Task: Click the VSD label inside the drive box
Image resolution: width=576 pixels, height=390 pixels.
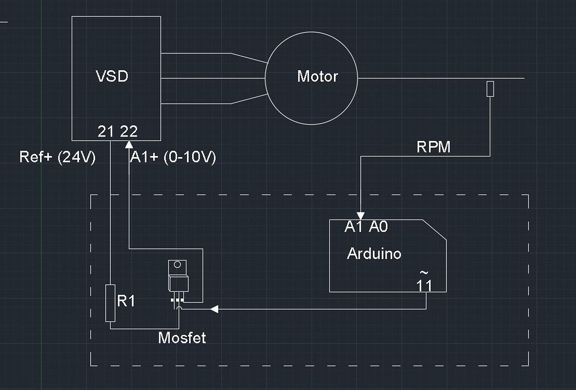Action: click(x=112, y=76)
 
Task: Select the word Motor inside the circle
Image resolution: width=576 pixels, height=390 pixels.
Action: click(x=317, y=76)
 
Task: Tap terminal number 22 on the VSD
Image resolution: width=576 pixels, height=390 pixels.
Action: click(x=129, y=131)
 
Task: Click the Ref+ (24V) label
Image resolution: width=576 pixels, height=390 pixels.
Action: click(x=57, y=157)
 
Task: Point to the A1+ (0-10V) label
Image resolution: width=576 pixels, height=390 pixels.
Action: click(x=173, y=158)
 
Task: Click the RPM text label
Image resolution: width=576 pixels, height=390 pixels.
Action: click(x=434, y=147)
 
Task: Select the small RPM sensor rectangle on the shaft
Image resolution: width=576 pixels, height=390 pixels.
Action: click(x=490, y=89)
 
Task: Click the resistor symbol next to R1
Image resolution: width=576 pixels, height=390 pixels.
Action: click(x=110, y=303)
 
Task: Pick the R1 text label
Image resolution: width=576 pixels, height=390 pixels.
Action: click(x=126, y=301)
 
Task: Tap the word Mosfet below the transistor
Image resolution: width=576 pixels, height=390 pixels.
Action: click(x=182, y=338)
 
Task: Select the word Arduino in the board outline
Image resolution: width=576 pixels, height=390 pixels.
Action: click(x=374, y=254)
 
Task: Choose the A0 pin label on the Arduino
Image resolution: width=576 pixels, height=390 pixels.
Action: click(x=378, y=227)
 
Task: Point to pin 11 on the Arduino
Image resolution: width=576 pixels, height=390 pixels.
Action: click(x=424, y=285)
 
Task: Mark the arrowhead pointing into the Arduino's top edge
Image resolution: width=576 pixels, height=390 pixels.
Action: click(x=361, y=215)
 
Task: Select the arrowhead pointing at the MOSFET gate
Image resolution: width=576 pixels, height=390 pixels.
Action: click(x=213, y=309)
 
